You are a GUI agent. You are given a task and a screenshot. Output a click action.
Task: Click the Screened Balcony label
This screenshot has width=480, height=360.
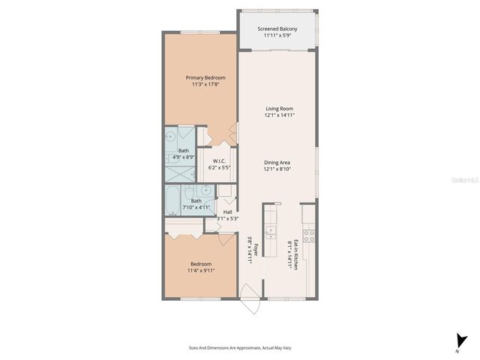point(277,29)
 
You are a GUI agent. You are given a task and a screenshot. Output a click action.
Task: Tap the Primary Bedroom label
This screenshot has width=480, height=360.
point(205,77)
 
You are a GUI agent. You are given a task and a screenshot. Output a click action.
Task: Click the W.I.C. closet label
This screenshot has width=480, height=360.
point(220,161)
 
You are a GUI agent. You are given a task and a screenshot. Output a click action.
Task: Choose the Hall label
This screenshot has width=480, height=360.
point(227,211)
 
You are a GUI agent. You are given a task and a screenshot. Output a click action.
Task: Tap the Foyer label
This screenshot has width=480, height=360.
point(256,250)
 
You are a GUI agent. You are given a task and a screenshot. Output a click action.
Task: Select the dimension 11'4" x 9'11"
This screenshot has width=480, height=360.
point(200,271)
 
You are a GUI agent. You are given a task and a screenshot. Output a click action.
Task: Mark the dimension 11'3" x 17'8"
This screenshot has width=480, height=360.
point(205,85)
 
